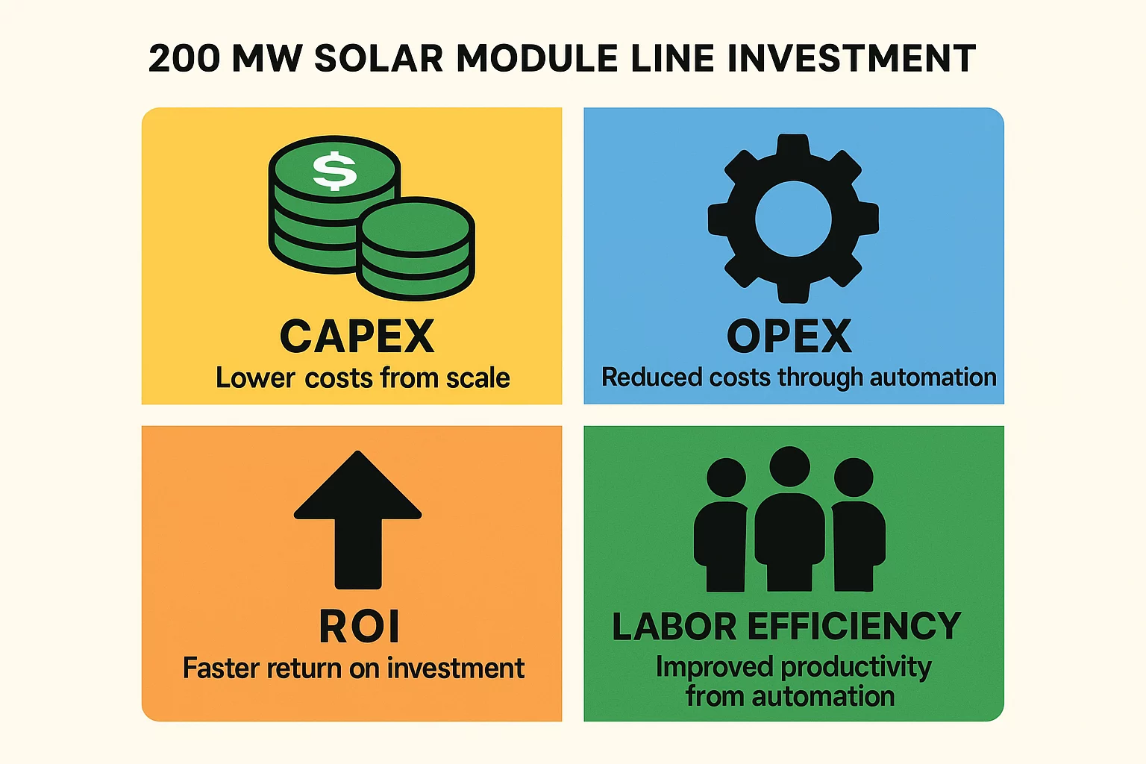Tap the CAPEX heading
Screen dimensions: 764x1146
click(x=357, y=336)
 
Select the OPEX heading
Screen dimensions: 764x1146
click(x=789, y=336)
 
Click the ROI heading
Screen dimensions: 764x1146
click(x=360, y=627)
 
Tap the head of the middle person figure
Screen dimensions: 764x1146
click(x=789, y=466)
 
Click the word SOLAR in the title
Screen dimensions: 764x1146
click(x=379, y=59)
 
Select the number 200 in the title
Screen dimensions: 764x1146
click(x=184, y=59)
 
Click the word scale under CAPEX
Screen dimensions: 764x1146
click(x=477, y=378)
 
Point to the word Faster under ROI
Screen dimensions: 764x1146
click(x=221, y=668)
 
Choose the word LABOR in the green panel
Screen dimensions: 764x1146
click(x=674, y=627)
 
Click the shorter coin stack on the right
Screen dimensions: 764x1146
click(x=415, y=250)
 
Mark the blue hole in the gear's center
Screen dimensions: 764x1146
click(x=793, y=219)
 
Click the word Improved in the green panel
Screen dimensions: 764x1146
click(x=714, y=667)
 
